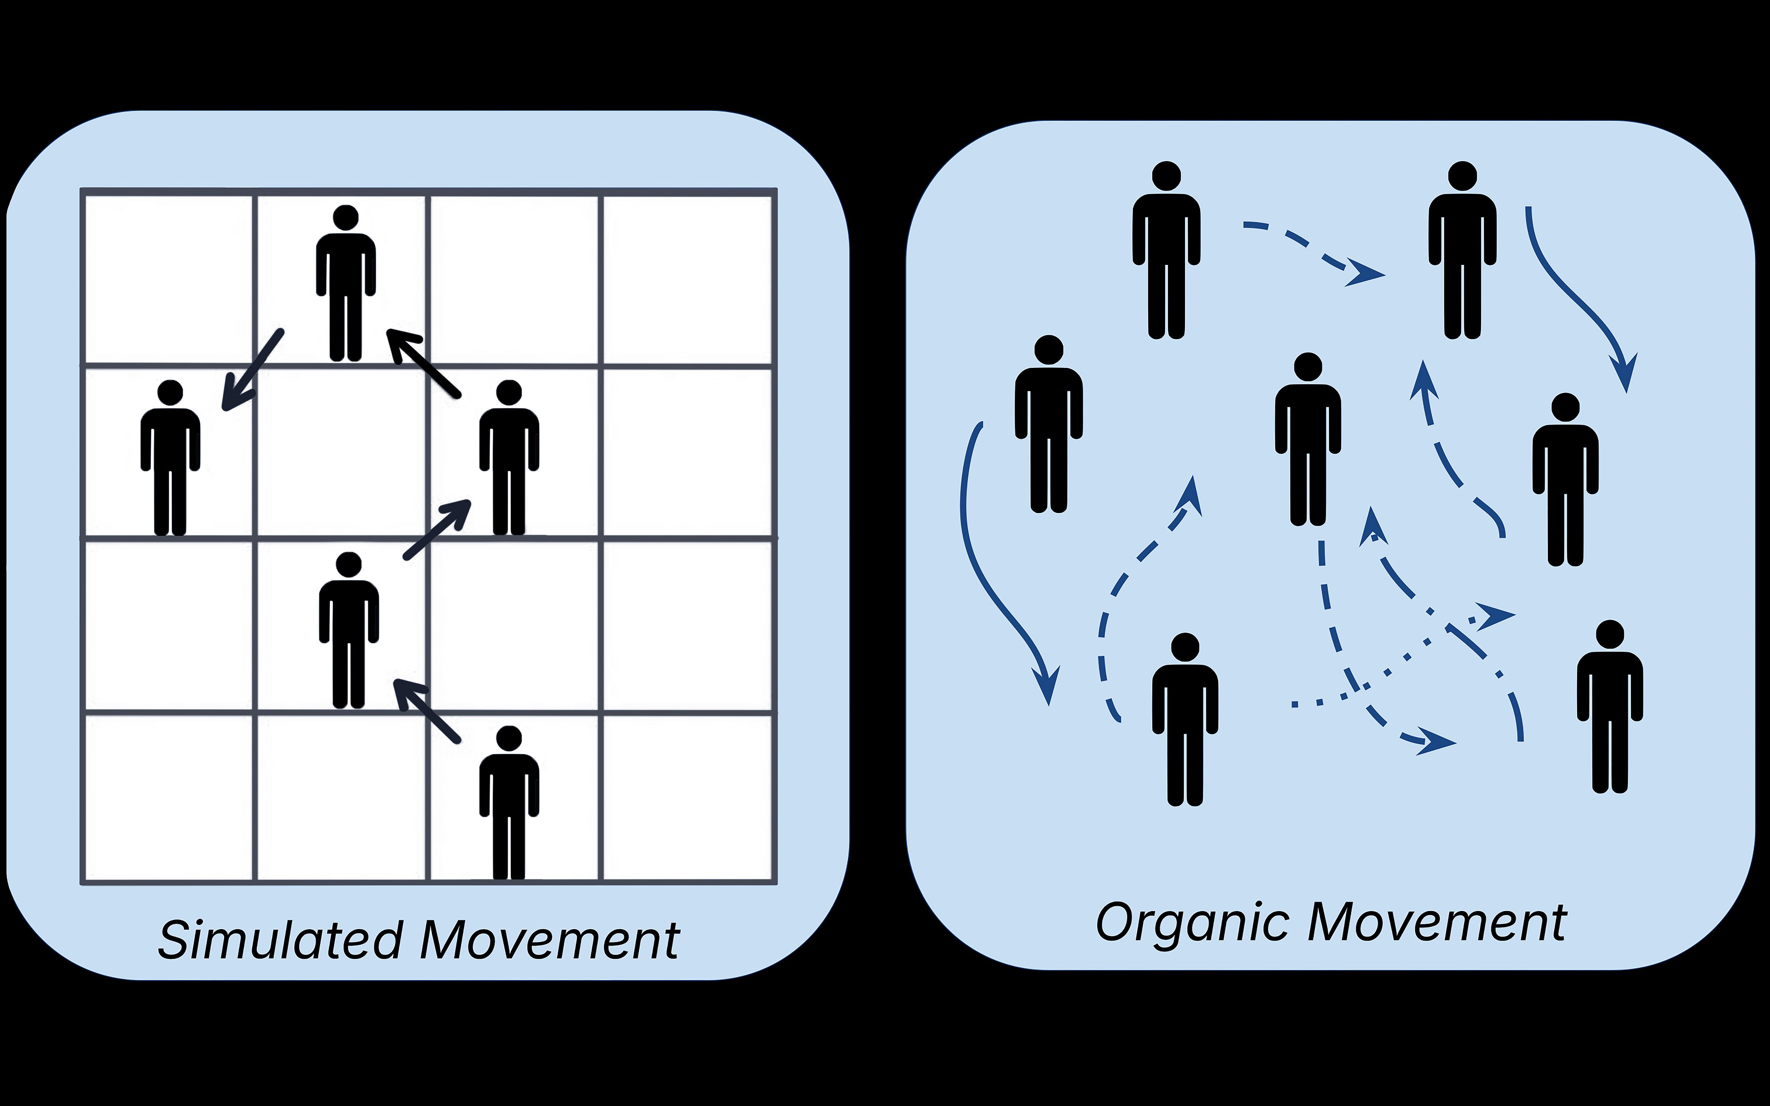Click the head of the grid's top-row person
[345, 218]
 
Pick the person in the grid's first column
[171, 457]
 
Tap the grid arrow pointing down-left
[252, 370]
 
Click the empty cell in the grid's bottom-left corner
[169, 797]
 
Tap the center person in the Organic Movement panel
[1308, 439]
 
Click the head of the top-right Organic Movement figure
[1462, 176]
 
